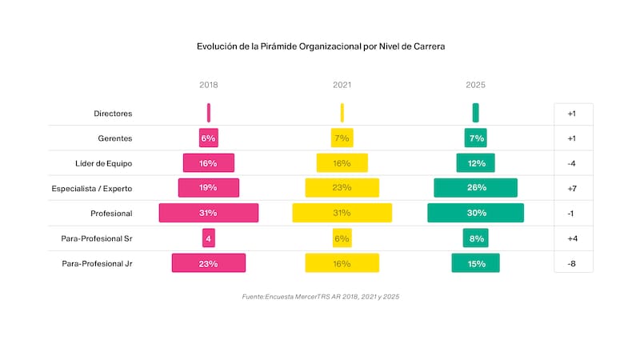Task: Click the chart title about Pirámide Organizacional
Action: [x=320, y=47]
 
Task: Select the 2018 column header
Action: [x=208, y=85]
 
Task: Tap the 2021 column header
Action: [x=342, y=85]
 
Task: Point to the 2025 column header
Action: [x=475, y=85]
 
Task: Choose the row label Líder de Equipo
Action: [x=103, y=163]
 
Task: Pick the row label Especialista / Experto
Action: [x=91, y=188]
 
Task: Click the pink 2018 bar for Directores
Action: [x=209, y=113]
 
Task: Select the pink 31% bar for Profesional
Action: [x=209, y=213]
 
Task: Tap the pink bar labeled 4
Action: [x=209, y=238]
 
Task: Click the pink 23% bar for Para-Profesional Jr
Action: [x=209, y=263]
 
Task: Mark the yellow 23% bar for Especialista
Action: [x=342, y=188]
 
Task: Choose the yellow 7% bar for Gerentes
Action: [x=342, y=138]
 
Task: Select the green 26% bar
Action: [x=476, y=188]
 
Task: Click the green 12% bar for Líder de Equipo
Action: [x=476, y=163]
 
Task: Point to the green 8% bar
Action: [x=476, y=238]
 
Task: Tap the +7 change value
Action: [x=572, y=188]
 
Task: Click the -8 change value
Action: [x=572, y=263]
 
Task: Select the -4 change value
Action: [x=572, y=163]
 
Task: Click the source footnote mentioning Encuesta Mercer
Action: [x=320, y=297]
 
